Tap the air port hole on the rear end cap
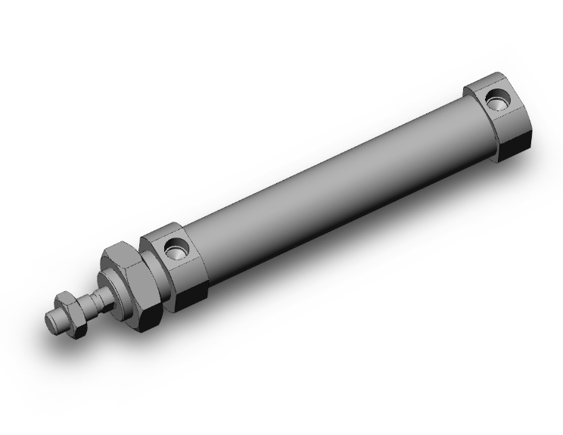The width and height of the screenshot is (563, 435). click(x=497, y=99)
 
